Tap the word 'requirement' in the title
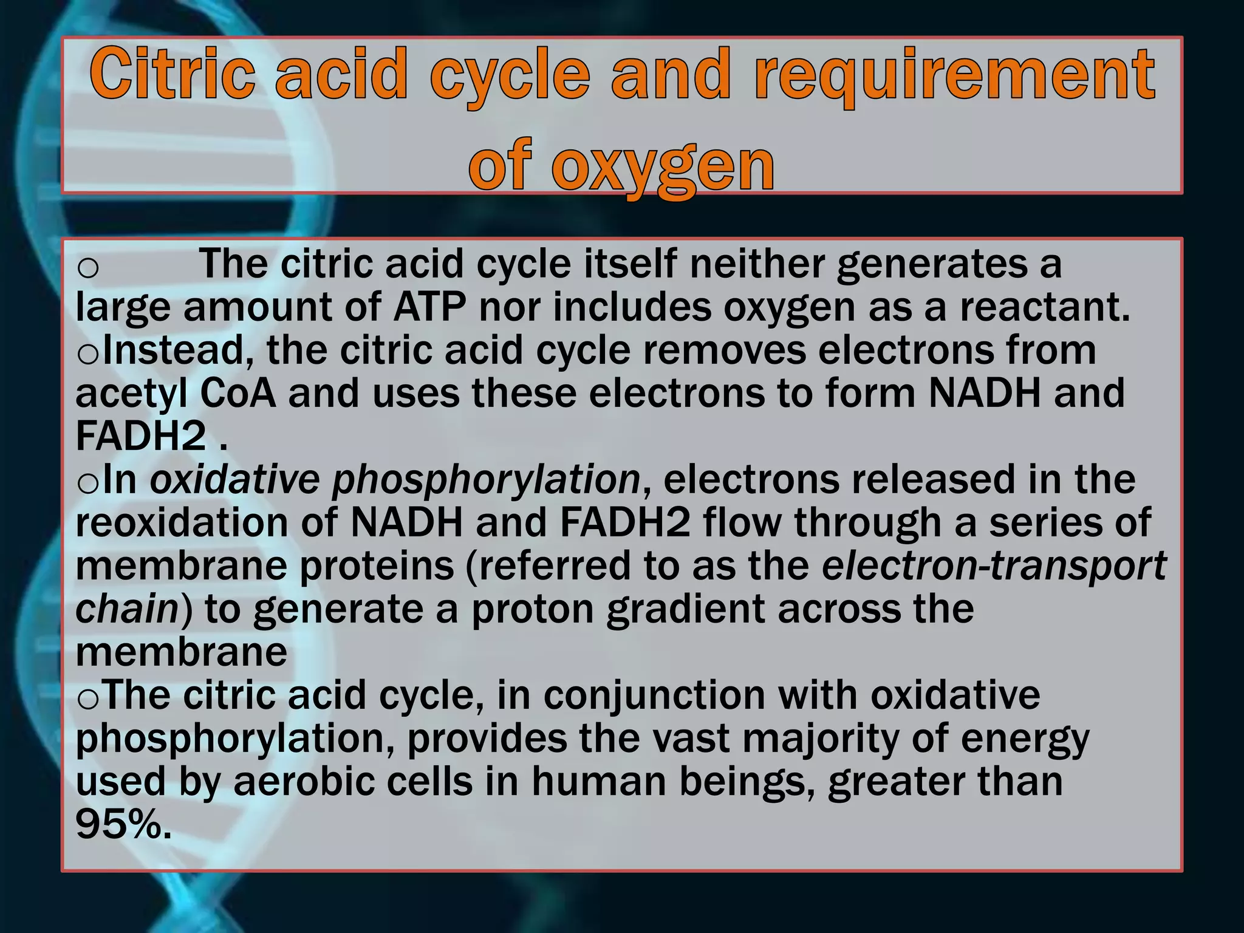pos(954,76)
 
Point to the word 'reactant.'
pos(1045,307)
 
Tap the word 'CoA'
pos(238,394)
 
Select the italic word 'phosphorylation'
pos(486,480)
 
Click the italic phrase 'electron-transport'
pos(994,566)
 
